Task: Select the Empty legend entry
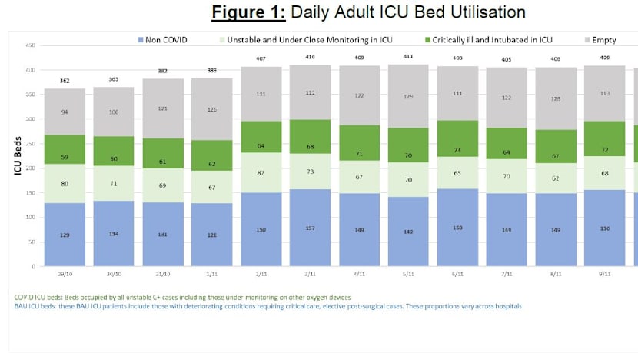pyautogui.click(x=603, y=40)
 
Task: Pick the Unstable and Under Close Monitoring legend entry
pyautogui.click(x=310, y=40)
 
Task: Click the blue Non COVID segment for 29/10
pyautogui.click(x=65, y=235)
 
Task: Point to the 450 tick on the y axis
pyautogui.click(x=30, y=45)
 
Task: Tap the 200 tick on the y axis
pyautogui.click(x=30, y=168)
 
